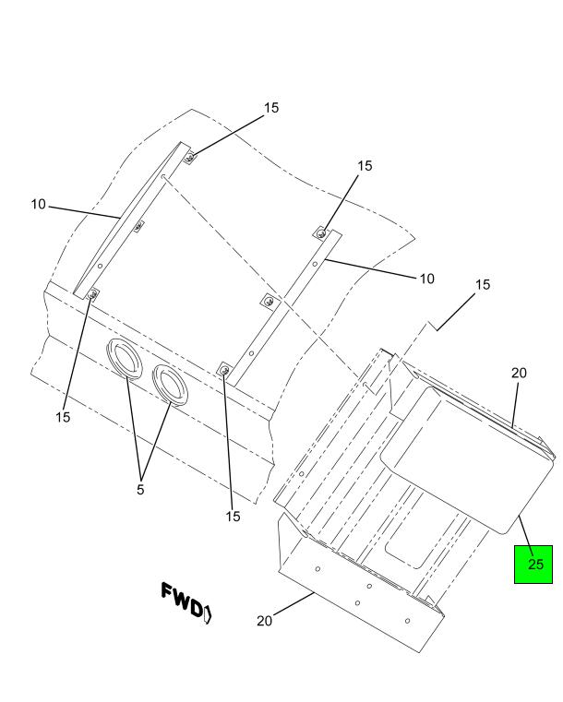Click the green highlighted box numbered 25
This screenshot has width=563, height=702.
click(x=533, y=565)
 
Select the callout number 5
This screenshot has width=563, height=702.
click(x=140, y=490)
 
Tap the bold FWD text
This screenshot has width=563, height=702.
click(x=182, y=601)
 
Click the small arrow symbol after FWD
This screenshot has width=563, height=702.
click(x=208, y=613)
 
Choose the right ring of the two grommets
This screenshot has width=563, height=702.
click(x=170, y=385)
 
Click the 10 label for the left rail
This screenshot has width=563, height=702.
click(x=39, y=204)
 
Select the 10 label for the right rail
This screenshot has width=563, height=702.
click(x=426, y=279)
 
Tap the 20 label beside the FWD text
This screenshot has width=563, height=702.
click(x=264, y=621)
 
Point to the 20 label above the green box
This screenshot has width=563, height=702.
click(x=519, y=373)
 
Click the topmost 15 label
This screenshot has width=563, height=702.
click(x=271, y=107)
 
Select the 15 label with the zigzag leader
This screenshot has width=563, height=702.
click(x=483, y=284)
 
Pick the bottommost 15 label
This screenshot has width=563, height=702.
click(x=233, y=517)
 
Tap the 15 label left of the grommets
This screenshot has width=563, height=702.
click(x=63, y=417)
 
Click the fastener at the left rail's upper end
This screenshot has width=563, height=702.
click(x=189, y=158)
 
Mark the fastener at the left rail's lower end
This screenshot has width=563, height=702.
click(x=93, y=294)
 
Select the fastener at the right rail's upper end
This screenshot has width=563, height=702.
click(x=320, y=233)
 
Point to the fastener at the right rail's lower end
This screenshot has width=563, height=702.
click(x=225, y=370)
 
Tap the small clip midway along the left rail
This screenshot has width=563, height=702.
click(x=139, y=227)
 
